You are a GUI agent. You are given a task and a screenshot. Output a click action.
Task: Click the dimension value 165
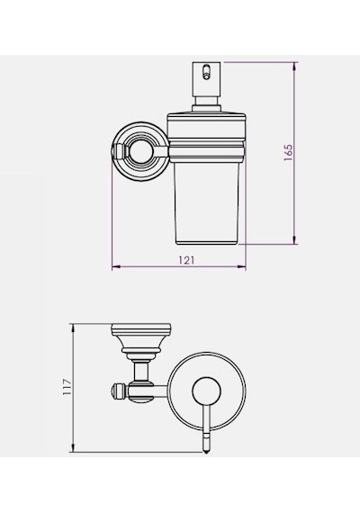point(288,152)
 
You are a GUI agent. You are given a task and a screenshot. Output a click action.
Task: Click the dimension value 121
point(186,260)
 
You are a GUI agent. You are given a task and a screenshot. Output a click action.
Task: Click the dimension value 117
point(67,387)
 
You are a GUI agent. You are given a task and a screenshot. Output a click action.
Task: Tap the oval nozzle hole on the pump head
point(206,72)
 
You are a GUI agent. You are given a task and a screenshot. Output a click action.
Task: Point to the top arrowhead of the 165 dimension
point(294,67)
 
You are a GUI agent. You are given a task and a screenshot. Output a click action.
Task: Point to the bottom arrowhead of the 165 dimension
point(294,239)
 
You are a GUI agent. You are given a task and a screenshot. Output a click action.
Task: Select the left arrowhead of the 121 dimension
point(116,267)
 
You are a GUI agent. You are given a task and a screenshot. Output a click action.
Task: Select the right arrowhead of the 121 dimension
point(241,267)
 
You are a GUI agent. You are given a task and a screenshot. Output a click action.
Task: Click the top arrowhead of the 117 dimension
point(73,328)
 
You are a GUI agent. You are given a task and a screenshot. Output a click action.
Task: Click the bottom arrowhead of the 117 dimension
point(73,448)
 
